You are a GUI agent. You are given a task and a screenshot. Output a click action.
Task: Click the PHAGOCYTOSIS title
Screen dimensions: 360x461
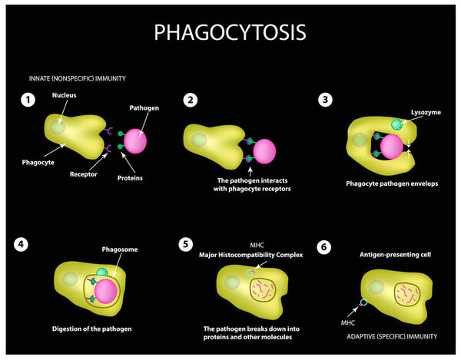click(x=230, y=31)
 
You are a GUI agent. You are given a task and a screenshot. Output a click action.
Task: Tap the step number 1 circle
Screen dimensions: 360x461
click(x=28, y=100)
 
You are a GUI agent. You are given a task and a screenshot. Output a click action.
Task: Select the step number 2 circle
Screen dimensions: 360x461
click(x=191, y=100)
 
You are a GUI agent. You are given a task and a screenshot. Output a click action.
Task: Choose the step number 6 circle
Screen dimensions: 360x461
click(x=324, y=247)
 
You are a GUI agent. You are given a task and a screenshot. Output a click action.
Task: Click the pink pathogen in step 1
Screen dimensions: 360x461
click(x=134, y=141)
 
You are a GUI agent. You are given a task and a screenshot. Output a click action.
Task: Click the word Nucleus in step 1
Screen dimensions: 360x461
click(x=64, y=97)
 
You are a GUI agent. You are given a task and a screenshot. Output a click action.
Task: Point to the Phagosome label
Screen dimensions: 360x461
click(x=118, y=250)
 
